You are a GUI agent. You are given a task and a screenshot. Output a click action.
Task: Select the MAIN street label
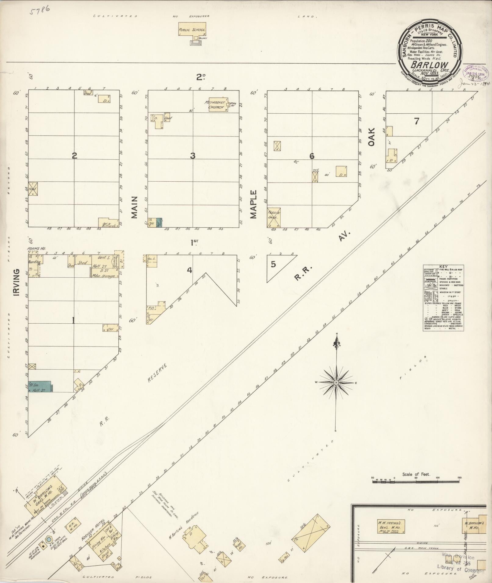[135, 207]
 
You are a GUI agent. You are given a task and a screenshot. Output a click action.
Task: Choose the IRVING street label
[16, 282]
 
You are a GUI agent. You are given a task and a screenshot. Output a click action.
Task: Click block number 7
[416, 121]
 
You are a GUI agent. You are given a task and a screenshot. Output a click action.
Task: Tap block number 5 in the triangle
[273, 264]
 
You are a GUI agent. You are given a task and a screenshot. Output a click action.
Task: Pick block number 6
[312, 156]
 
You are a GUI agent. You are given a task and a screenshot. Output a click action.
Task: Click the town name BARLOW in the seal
[429, 65]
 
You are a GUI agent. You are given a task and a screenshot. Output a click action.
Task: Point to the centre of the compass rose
[336, 382]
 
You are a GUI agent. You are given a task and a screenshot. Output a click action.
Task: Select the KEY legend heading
[443, 266]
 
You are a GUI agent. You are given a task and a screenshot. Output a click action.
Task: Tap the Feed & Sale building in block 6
[274, 218]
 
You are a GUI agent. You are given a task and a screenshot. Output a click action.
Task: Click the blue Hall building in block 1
[40, 386]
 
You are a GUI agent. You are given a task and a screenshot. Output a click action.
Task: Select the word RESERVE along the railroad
[157, 372]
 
